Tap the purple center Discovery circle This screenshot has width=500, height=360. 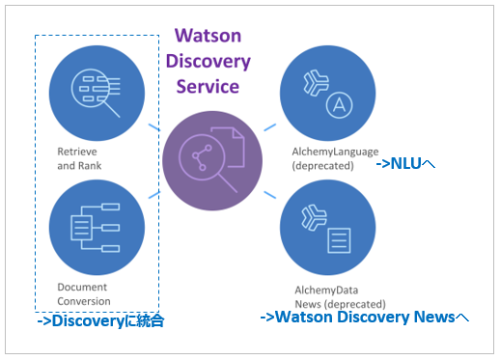212,156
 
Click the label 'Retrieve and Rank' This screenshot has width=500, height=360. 79,158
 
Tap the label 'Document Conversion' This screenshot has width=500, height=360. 83,293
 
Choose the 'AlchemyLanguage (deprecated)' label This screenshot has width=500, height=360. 323,158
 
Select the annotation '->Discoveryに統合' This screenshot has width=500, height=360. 101,321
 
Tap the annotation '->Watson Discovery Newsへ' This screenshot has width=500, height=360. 365,317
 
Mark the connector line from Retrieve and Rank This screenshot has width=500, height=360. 153,126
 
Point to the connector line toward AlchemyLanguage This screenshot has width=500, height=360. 270,126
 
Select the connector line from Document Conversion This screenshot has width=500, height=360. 153,192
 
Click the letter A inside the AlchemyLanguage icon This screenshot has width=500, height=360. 339,104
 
